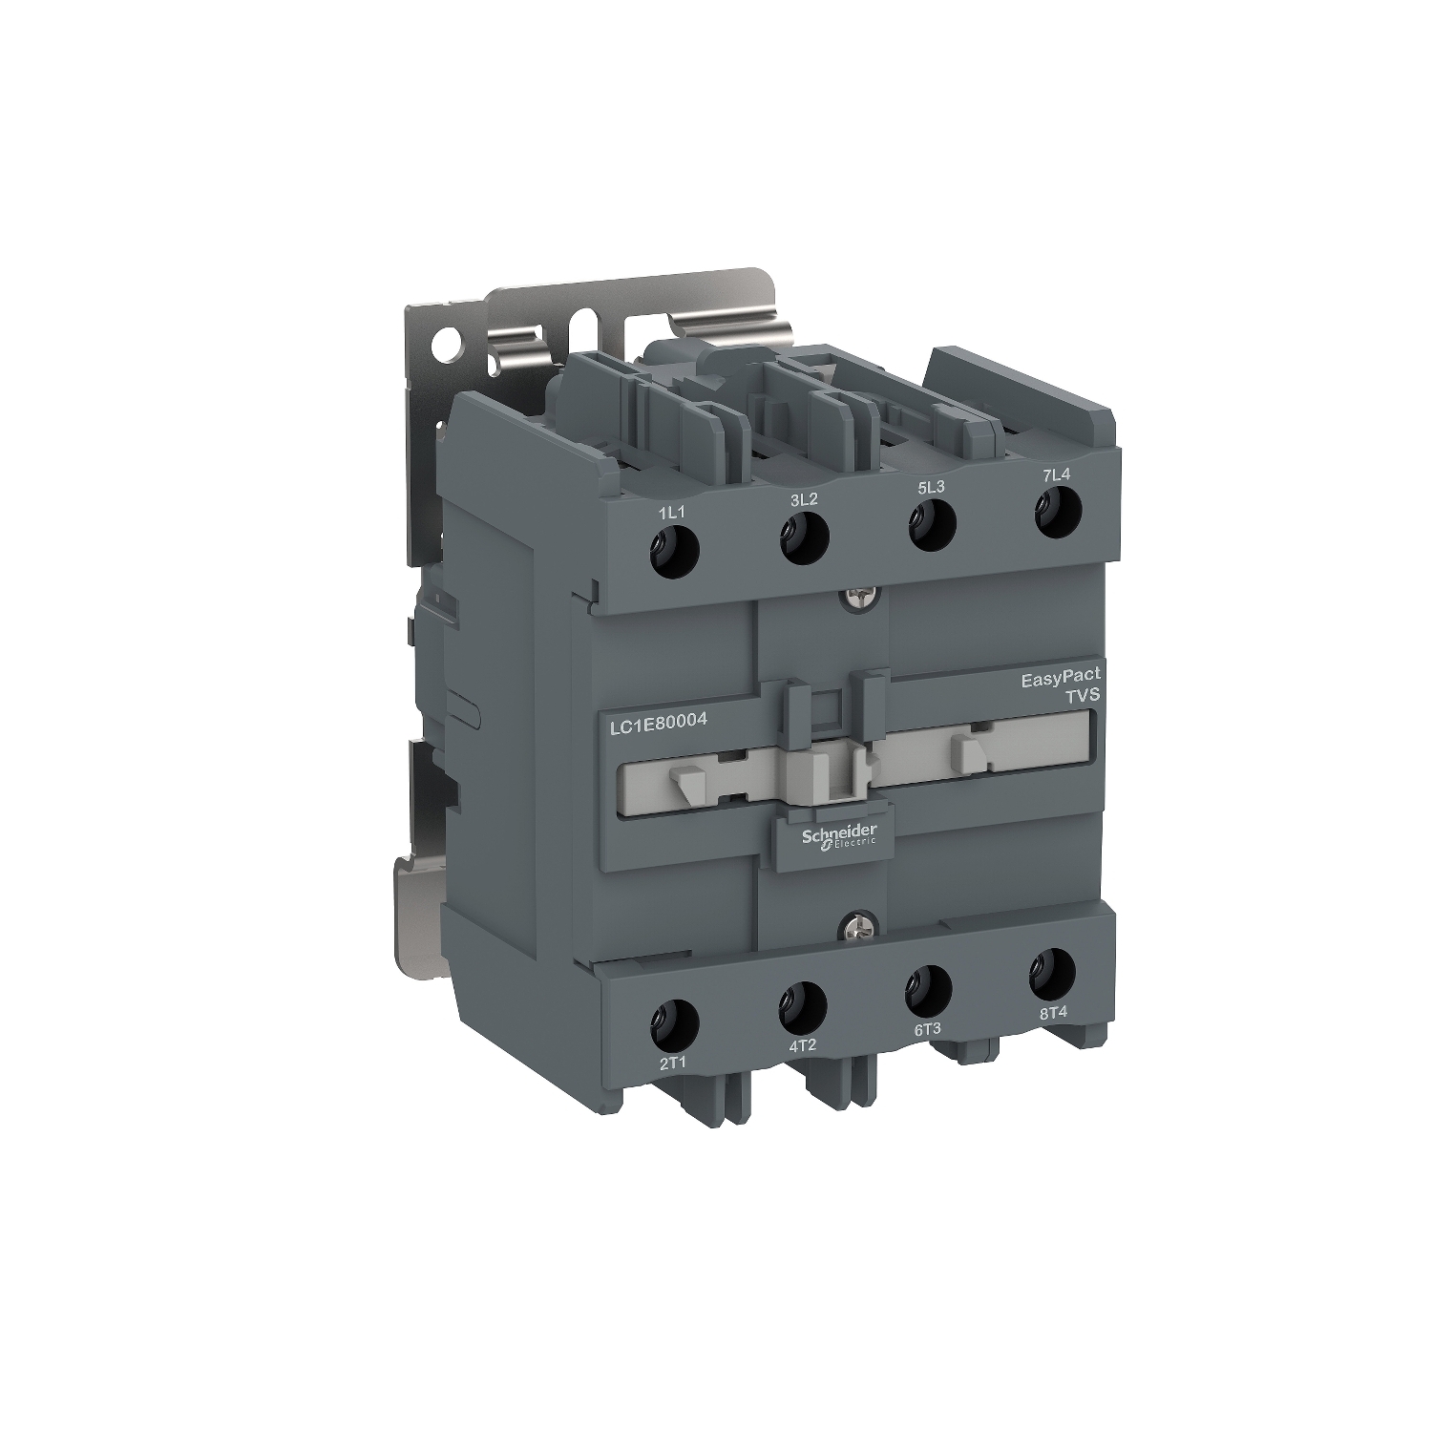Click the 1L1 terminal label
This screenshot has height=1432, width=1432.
tap(674, 513)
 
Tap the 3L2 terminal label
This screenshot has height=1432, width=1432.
tap(804, 499)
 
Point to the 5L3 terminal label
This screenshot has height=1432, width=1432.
tap(930, 487)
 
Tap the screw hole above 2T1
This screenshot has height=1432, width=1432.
tap(674, 1022)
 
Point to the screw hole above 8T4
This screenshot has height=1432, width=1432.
tap(1052, 972)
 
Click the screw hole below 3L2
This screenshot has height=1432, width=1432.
tap(804, 539)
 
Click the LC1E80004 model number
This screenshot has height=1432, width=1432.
tap(659, 723)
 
